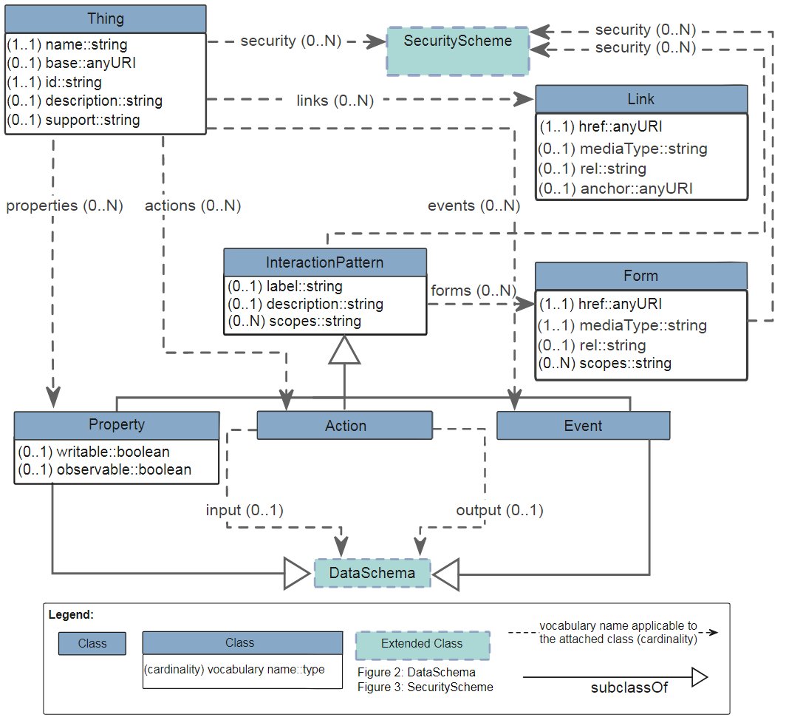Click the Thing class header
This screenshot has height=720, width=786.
pos(106,19)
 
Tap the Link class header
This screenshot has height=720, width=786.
pos(641,99)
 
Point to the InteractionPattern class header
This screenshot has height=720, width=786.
pos(325,262)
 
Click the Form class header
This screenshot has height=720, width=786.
pos(640,276)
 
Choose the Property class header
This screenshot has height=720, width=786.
pos(117,425)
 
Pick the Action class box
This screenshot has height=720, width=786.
pos(345,426)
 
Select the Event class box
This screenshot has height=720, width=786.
pos(583,426)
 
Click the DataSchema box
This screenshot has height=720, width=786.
pos(372,573)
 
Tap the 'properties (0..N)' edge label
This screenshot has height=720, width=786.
pos(64,206)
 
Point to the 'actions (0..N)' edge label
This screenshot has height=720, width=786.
pos(193,206)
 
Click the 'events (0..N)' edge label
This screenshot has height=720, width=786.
pos(474,206)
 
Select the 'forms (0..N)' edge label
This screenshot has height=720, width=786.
pos(473,291)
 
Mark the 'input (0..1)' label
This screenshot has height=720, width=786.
pos(245,510)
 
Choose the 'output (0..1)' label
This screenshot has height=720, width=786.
pos(499,510)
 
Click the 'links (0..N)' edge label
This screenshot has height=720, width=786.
pos(335,100)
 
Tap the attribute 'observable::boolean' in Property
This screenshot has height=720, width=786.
pos(123,469)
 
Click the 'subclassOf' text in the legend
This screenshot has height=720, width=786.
pos(629,687)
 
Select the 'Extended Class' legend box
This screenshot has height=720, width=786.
pos(422,645)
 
